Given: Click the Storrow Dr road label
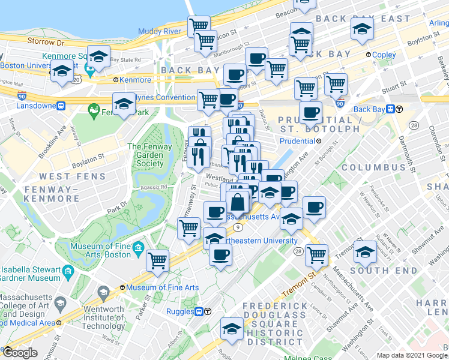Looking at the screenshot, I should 46,42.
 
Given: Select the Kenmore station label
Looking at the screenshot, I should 132,80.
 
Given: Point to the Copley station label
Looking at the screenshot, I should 381,55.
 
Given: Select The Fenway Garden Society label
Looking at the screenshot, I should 145,155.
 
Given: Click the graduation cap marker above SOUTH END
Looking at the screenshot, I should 365,251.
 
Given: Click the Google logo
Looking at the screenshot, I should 19,352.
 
